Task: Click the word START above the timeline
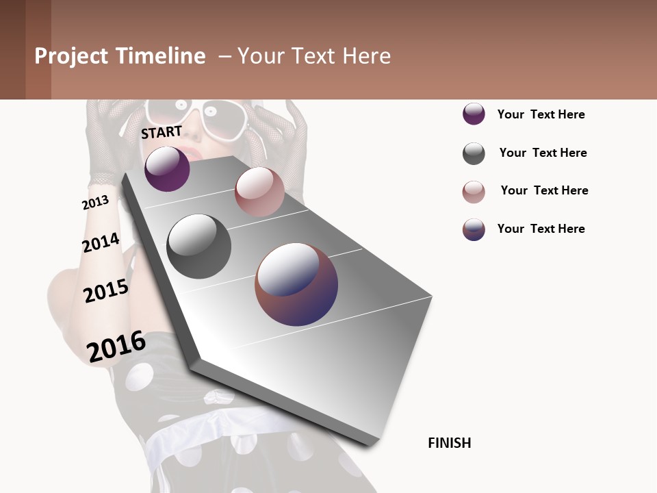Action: coord(162,131)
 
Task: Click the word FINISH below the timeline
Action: coord(449,443)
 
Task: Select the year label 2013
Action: coord(95,203)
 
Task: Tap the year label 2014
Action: coord(101,243)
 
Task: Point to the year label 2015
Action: coord(106,291)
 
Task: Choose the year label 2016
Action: coord(116,346)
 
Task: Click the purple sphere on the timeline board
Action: coord(167,168)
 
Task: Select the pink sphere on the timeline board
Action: coord(259,191)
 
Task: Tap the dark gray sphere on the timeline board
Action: coord(199,246)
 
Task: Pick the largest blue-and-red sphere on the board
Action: coord(296,284)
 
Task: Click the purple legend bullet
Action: coord(474,114)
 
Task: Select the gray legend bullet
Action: coord(474,153)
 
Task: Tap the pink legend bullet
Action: coord(474,192)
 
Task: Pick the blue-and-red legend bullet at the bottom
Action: coord(474,229)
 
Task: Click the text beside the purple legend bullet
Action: coord(541,114)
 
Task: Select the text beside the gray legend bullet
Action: coord(543,153)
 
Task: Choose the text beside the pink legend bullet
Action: coord(544,190)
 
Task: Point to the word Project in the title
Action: coord(72,56)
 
